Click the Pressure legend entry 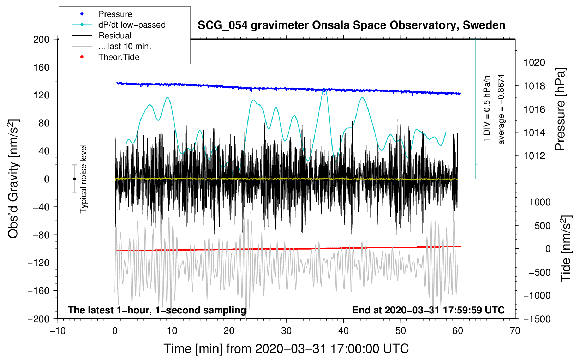(x=115, y=14)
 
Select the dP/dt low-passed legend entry (x=132, y=25)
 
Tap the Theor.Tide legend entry (x=119, y=57)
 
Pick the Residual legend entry (x=115, y=36)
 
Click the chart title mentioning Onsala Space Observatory (x=351, y=25)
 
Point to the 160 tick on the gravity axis (x=41, y=67)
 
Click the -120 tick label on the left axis (x=38, y=263)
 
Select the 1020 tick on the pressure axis (x=534, y=62)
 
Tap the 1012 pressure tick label (x=534, y=156)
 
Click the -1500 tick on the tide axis (x=537, y=319)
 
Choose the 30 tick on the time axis (x=286, y=331)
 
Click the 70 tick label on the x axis (x=515, y=331)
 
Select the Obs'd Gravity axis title (x=13, y=179)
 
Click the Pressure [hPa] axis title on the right (x=560, y=109)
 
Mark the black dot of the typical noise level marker (x=74, y=179)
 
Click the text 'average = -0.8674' (x=501, y=109)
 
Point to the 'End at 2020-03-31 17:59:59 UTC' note (x=428, y=310)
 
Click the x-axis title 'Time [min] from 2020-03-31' (x=286, y=349)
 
